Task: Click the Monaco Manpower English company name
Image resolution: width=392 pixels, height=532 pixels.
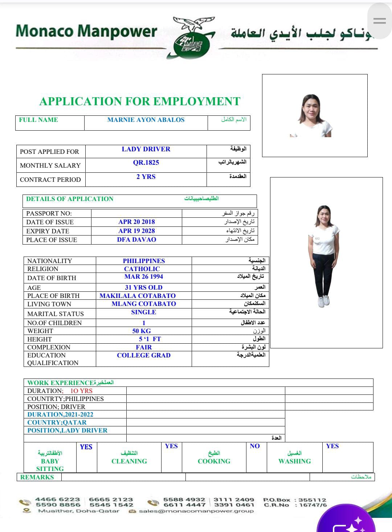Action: (x=86, y=31)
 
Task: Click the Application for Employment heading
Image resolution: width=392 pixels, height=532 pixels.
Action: (x=140, y=101)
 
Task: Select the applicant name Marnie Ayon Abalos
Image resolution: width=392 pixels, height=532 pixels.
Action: (x=146, y=120)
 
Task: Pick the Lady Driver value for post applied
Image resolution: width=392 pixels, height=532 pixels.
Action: (x=146, y=149)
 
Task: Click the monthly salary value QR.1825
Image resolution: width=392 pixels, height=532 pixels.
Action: (x=146, y=163)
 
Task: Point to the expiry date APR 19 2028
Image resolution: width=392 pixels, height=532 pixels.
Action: (x=136, y=231)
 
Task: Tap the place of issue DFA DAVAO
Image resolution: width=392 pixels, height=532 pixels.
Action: (x=136, y=240)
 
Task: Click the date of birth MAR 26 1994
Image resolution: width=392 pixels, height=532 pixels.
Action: (x=144, y=277)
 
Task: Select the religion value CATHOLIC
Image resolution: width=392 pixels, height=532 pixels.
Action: (x=142, y=269)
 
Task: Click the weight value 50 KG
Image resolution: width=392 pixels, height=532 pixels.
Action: (x=142, y=331)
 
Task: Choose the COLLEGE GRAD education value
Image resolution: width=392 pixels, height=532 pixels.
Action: (x=144, y=355)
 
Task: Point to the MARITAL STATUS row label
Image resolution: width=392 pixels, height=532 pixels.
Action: (x=56, y=314)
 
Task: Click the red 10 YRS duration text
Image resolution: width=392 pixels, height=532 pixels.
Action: (x=81, y=391)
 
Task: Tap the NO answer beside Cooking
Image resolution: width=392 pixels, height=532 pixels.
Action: (x=255, y=446)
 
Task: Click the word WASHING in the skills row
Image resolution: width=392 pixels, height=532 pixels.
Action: (x=295, y=461)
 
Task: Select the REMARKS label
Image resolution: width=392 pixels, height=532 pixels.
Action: (x=37, y=477)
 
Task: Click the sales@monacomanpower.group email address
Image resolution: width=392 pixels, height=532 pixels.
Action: (x=196, y=511)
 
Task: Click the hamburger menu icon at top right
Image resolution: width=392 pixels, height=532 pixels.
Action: (x=379, y=21)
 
